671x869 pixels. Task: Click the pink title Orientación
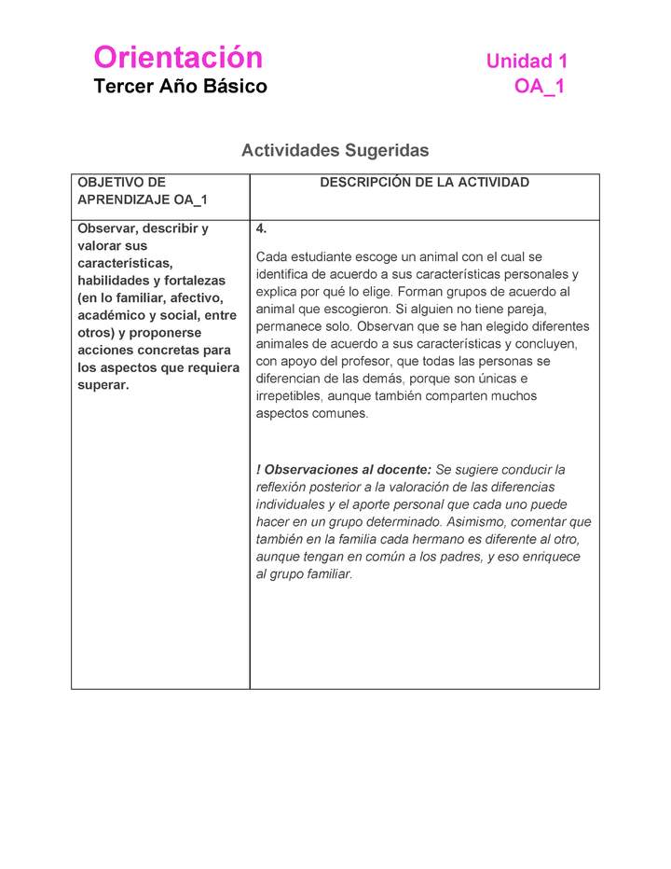click(178, 58)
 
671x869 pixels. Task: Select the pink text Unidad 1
click(527, 62)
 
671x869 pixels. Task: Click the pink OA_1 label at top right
click(539, 87)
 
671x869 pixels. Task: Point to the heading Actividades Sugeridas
click(335, 150)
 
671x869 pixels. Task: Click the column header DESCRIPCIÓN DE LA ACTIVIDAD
click(424, 183)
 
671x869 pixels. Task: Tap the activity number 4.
click(262, 228)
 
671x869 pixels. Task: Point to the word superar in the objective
click(103, 385)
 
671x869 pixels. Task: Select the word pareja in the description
click(527, 309)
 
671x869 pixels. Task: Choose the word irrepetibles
click(288, 396)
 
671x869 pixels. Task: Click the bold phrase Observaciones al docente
click(348, 470)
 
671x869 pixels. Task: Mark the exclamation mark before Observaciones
click(258, 470)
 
